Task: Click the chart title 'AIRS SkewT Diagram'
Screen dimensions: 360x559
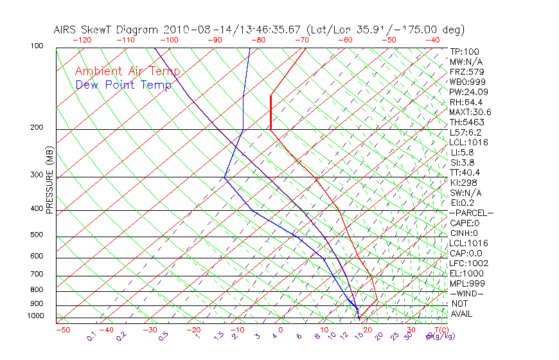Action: [x=107, y=30]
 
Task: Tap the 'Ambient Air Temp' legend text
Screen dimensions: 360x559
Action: [x=127, y=71]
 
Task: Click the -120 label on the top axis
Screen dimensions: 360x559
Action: [x=82, y=40]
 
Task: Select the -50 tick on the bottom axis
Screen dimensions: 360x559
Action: [x=62, y=330]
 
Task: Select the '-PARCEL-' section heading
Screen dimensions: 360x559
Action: [x=471, y=213]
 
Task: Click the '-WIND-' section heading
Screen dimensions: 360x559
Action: [x=466, y=293]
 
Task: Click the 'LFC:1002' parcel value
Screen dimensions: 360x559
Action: [x=469, y=263]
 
